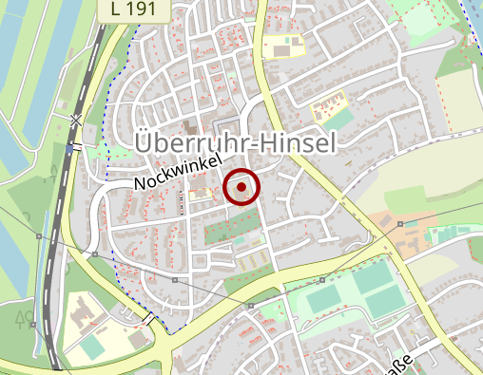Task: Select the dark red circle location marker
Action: [x=242, y=187]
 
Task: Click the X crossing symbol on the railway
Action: [x=75, y=120]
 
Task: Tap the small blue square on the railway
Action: [x=70, y=147]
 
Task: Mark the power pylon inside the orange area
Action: [x=402, y=224]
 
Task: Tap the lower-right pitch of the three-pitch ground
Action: [x=384, y=302]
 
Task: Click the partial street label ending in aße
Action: [x=400, y=362]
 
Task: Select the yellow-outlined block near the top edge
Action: [x=284, y=46]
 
